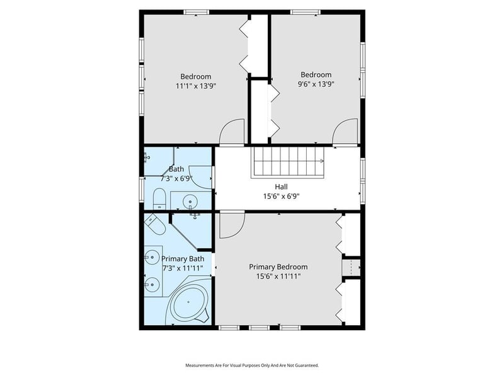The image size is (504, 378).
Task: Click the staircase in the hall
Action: (x=288, y=162)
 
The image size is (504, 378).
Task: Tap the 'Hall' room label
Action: (x=281, y=186)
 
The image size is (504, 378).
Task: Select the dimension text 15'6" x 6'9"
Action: (x=281, y=196)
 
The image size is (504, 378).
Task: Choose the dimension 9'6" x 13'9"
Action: (x=316, y=83)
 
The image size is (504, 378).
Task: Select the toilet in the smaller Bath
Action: (x=159, y=200)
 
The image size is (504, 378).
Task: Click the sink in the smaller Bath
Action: (x=190, y=202)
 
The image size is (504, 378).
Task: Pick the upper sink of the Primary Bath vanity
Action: (x=151, y=257)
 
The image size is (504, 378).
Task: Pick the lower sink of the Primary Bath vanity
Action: (x=151, y=285)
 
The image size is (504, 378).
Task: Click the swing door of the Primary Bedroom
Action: (x=231, y=226)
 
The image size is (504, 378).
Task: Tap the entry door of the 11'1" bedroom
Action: (x=231, y=132)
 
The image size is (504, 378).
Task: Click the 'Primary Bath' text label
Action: (x=183, y=259)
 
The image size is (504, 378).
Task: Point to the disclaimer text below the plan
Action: (x=251, y=365)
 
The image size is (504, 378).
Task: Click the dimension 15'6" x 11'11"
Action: (x=278, y=276)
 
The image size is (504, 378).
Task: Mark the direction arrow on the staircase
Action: (x=321, y=161)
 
